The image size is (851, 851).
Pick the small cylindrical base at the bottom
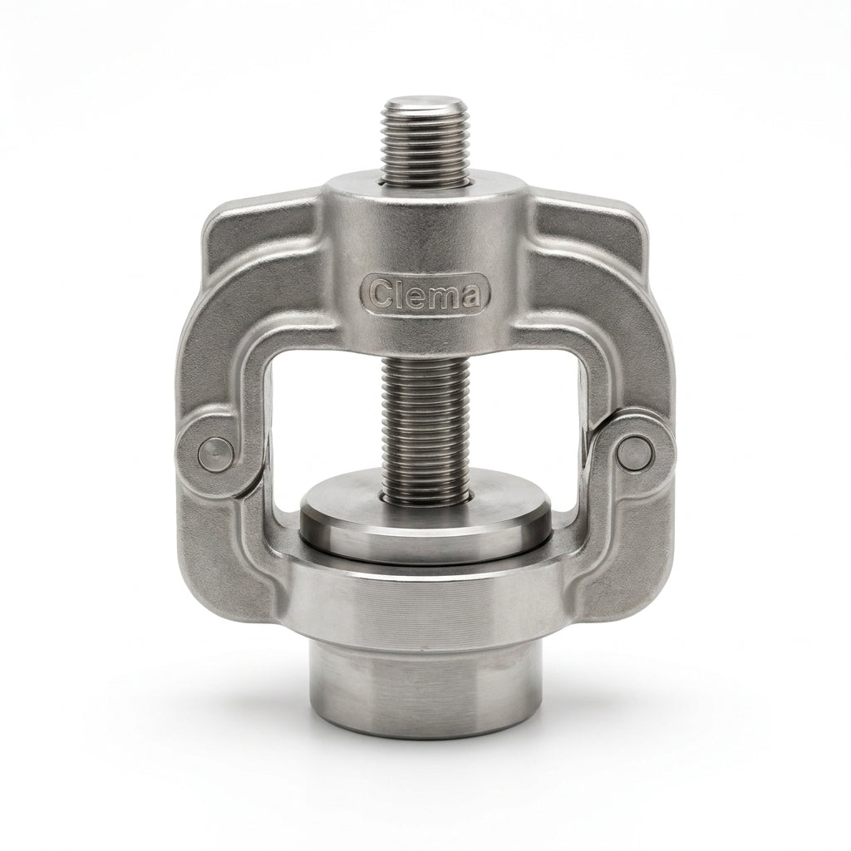pyautogui.click(x=425, y=688)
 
